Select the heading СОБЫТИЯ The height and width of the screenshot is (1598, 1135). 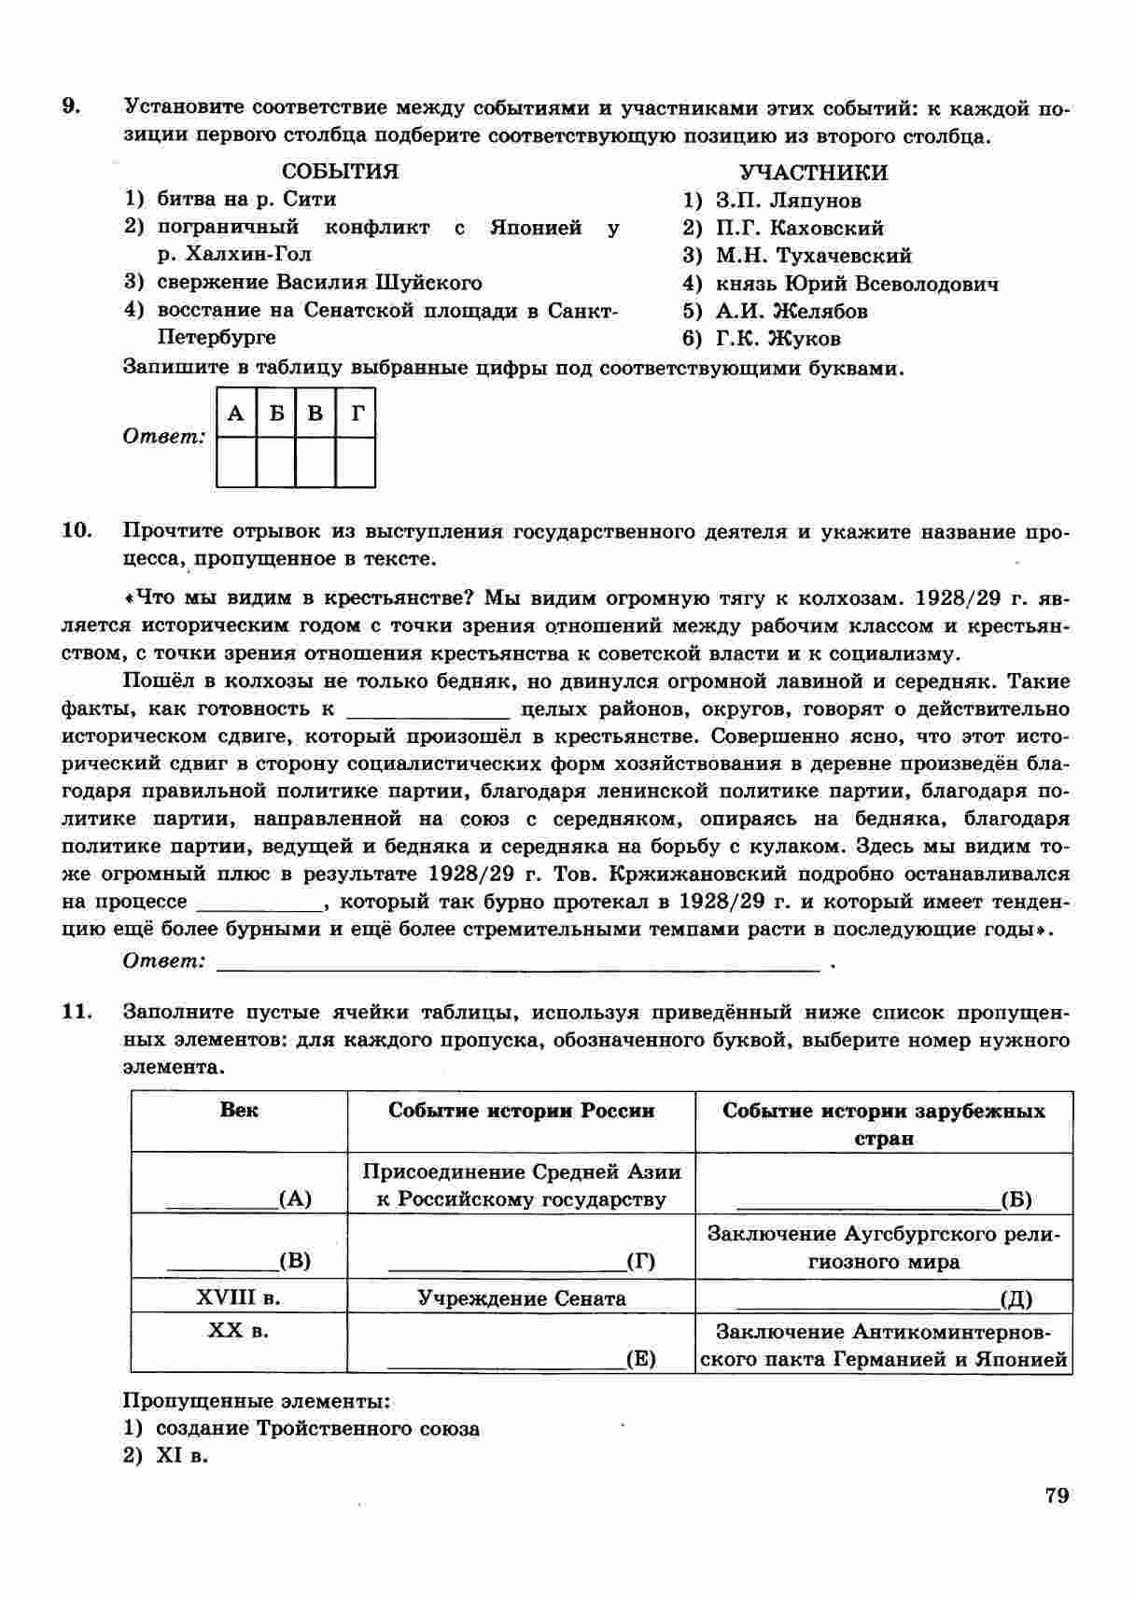click(x=340, y=172)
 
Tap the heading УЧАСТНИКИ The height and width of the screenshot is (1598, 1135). click(x=813, y=173)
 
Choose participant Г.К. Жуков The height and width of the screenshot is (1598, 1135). click(x=778, y=339)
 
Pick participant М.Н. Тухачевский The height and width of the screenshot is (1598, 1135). click(x=813, y=256)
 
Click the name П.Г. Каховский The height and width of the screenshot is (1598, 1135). click(x=799, y=228)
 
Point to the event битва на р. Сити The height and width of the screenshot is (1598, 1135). click(x=245, y=199)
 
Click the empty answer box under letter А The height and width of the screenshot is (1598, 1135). click(x=236, y=462)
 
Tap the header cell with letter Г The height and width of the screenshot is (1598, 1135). click(x=357, y=413)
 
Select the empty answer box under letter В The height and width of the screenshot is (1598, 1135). click(x=315, y=462)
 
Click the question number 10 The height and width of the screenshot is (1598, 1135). click(x=77, y=531)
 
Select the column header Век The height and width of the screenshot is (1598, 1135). click(x=239, y=1111)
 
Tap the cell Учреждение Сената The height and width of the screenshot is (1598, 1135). click(x=521, y=1297)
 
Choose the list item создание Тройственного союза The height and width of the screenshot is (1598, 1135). click(x=317, y=1428)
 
